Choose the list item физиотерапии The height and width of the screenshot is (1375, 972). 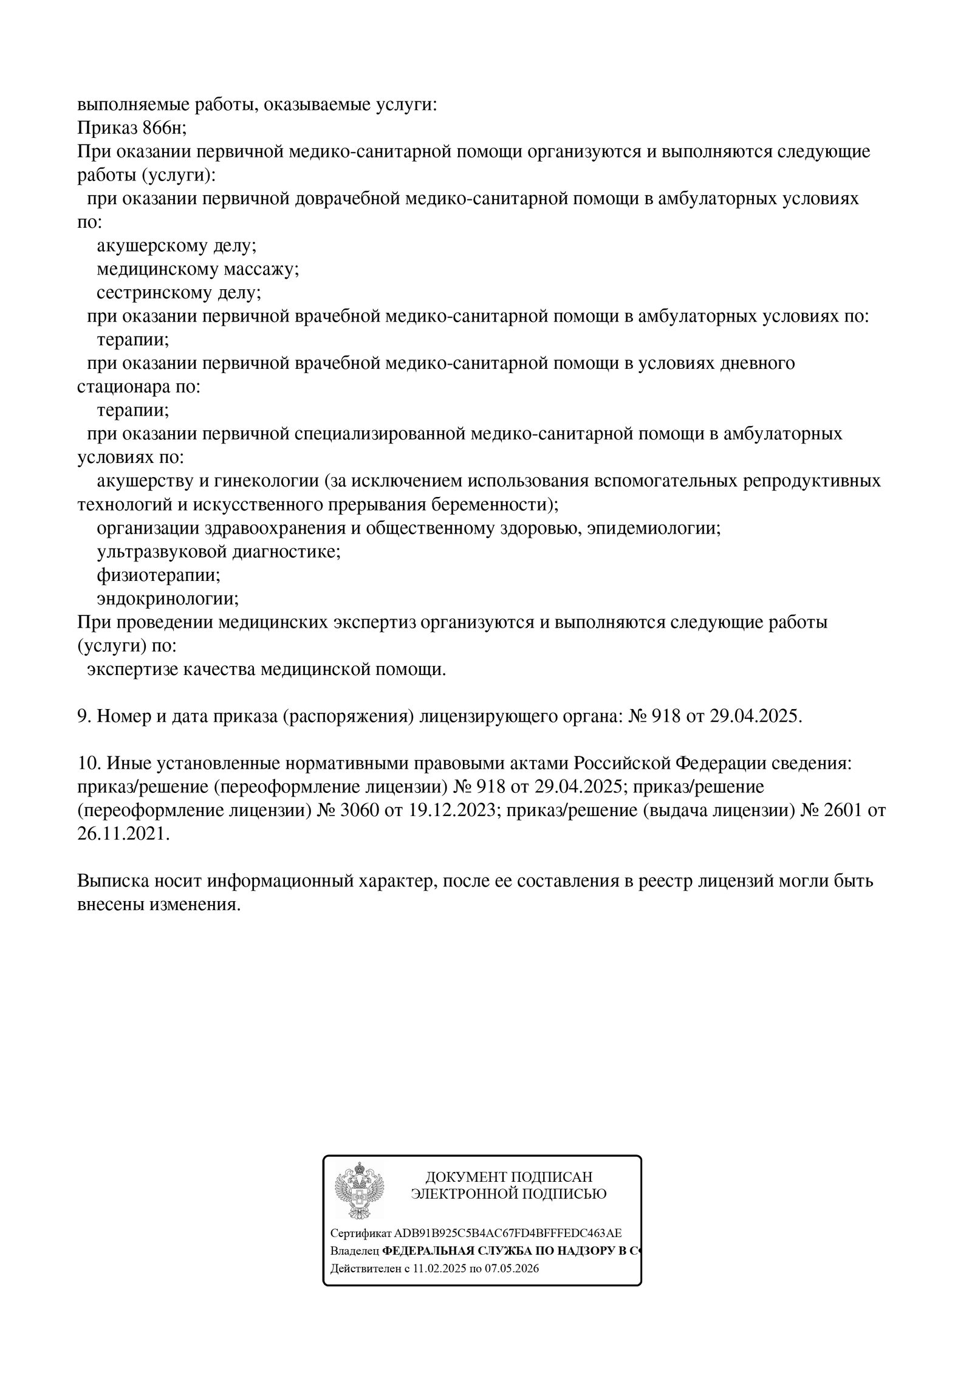tap(158, 575)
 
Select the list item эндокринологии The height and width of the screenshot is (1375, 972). tap(168, 598)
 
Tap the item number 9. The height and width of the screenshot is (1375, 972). tap(83, 716)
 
